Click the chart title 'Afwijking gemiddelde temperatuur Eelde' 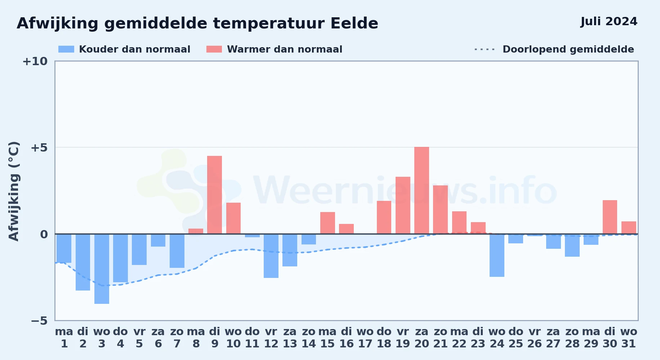[197, 24]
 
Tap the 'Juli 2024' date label [609, 22]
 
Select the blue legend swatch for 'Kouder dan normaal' [66, 49]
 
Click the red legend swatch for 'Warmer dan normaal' [214, 49]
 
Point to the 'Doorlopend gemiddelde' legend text [568, 49]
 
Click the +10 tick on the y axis [35, 62]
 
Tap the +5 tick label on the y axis [39, 148]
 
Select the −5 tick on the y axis [39, 321]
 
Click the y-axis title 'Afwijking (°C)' [14, 191]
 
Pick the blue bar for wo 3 [102, 269]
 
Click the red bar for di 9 [214, 195]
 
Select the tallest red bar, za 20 [422, 190]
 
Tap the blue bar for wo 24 [497, 256]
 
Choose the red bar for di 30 [610, 217]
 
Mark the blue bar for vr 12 [271, 256]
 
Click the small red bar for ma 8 [196, 231]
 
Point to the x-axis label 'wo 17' [365, 338]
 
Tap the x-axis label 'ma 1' [64, 338]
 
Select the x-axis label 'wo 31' [629, 338]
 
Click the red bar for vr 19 [403, 205]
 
